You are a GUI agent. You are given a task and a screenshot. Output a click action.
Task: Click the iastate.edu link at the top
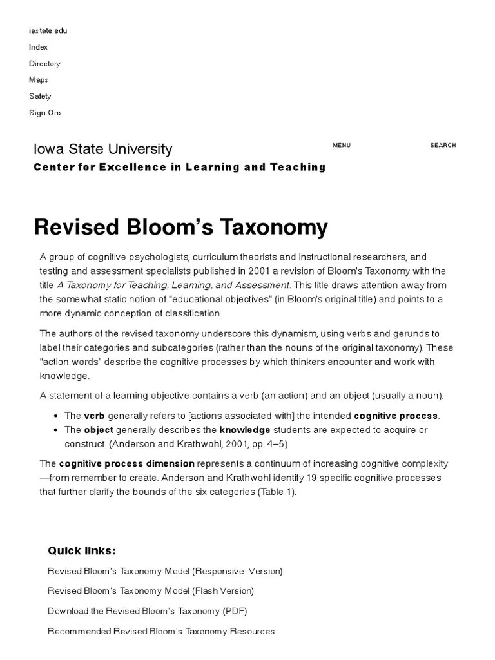[48, 30]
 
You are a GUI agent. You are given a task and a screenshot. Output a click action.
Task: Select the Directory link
[44, 63]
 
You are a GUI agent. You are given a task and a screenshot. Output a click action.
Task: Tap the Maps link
[38, 80]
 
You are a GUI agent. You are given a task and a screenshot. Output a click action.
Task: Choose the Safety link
[40, 96]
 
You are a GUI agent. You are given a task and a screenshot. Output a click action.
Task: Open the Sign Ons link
[45, 113]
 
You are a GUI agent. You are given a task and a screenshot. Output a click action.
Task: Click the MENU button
[341, 145]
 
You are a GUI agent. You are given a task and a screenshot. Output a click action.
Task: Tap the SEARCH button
[443, 145]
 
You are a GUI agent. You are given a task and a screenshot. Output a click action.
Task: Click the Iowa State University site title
[102, 149]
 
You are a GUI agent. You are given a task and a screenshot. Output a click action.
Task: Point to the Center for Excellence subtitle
[179, 167]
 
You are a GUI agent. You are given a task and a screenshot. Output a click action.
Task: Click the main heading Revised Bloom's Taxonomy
[180, 227]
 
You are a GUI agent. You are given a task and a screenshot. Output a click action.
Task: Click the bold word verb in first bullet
[94, 416]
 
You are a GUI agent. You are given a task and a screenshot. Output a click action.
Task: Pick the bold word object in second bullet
[98, 430]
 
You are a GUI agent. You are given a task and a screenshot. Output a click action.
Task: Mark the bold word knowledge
[245, 430]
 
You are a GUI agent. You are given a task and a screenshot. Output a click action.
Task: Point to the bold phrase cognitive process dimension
[126, 463]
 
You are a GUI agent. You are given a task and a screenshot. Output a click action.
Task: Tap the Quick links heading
[82, 550]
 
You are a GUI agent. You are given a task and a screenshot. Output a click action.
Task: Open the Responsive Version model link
[165, 571]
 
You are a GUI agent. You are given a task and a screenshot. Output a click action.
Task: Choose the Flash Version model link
[151, 590]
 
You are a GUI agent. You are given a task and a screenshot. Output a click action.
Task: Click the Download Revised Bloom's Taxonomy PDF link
[147, 611]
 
